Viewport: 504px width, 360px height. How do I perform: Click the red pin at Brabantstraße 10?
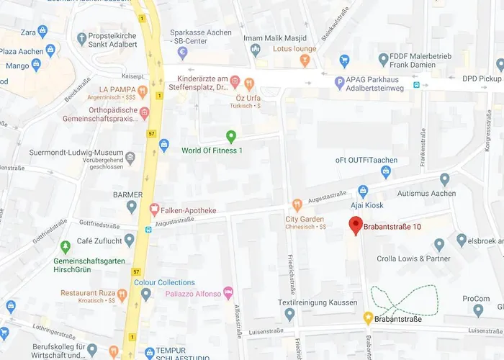pos(355,225)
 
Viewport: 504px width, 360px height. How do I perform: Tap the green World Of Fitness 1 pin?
pos(231,135)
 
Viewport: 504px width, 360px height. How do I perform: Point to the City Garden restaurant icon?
pos(297,205)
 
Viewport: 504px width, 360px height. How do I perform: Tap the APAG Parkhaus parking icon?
pos(340,83)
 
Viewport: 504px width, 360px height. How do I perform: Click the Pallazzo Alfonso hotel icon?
pos(229,292)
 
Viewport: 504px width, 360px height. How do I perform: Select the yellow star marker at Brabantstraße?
pos(368,318)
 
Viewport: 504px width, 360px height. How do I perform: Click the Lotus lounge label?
pos(294,50)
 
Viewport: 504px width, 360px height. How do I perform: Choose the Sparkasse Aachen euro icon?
pos(182,53)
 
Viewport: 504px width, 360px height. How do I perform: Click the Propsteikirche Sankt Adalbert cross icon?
pos(83,37)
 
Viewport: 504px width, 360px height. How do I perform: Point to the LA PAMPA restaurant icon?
pos(143,91)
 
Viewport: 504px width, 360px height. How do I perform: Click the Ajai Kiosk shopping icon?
pos(363,192)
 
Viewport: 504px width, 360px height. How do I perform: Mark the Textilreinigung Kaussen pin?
pos(289,314)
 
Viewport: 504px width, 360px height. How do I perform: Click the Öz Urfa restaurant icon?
pos(249,84)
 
